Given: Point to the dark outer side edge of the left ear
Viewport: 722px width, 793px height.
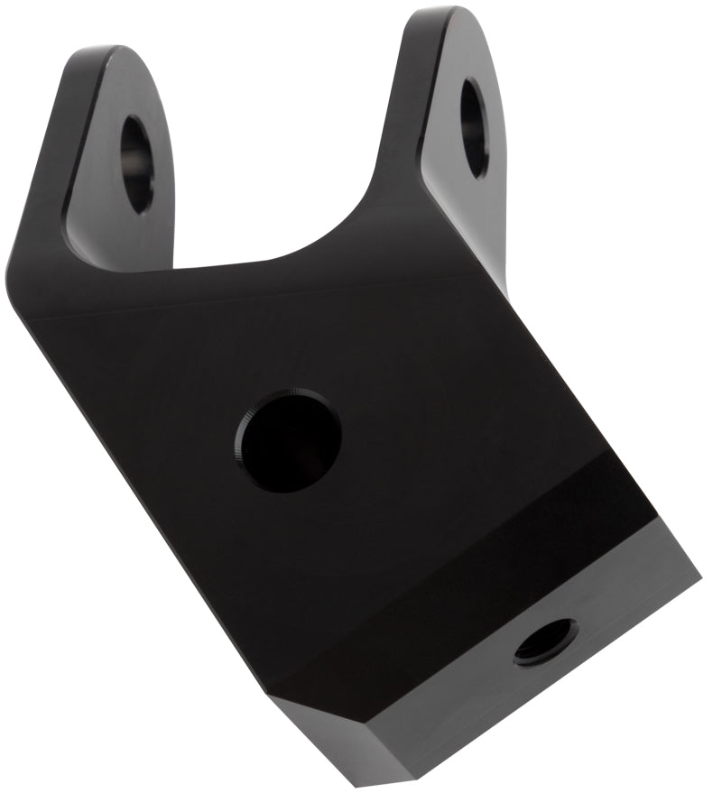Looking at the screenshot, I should point(54,144).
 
